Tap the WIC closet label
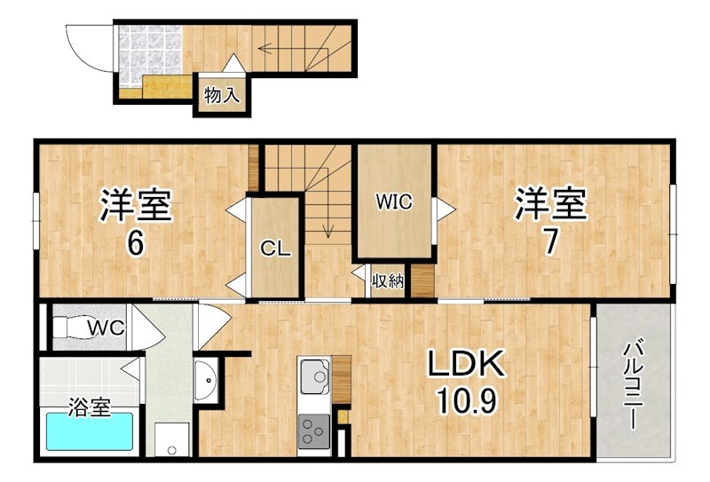tap(393, 201)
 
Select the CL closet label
tap(275, 249)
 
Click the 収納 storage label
tap(388, 282)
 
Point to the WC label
tap(106, 328)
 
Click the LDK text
tap(467, 363)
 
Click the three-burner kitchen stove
tap(313, 432)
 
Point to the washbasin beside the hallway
tap(206, 381)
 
